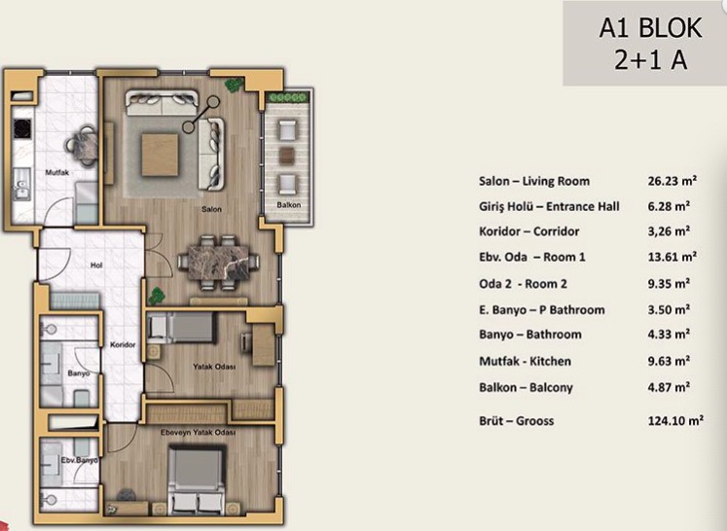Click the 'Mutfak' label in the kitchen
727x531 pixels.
[x=57, y=172]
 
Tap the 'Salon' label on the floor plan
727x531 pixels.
[x=211, y=209]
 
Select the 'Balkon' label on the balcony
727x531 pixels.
[x=288, y=205]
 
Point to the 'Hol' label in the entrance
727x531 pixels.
[x=96, y=265]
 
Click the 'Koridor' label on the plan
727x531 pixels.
[x=123, y=344]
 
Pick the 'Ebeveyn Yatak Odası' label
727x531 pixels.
[x=199, y=433]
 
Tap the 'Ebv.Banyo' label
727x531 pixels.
[x=79, y=460]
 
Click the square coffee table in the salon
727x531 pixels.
[x=160, y=155]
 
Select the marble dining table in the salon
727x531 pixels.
[x=219, y=263]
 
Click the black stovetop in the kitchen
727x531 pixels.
[x=22, y=128]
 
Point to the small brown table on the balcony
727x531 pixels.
[x=286, y=156]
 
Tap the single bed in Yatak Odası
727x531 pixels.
[x=181, y=328]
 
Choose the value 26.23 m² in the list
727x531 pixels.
[x=672, y=181]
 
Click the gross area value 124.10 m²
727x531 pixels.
[x=675, y=421]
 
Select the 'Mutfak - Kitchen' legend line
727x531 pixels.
[x=525, y=361]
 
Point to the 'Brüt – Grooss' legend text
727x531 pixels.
[x=517, y=421]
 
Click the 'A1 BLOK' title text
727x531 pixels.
[x=650, y=28]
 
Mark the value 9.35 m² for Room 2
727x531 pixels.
[x=669, y=283]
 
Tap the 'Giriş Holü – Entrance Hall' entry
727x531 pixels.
[x=549, y=206]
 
